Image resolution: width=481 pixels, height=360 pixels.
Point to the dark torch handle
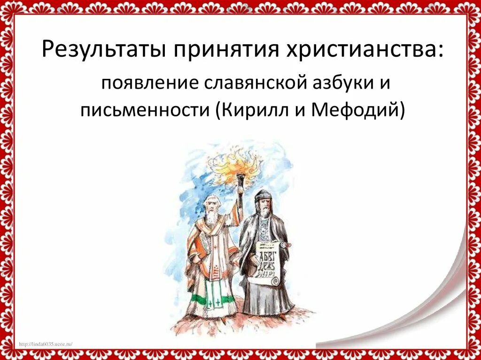tap(240, 192)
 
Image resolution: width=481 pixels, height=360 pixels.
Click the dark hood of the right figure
tap(263, 195)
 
